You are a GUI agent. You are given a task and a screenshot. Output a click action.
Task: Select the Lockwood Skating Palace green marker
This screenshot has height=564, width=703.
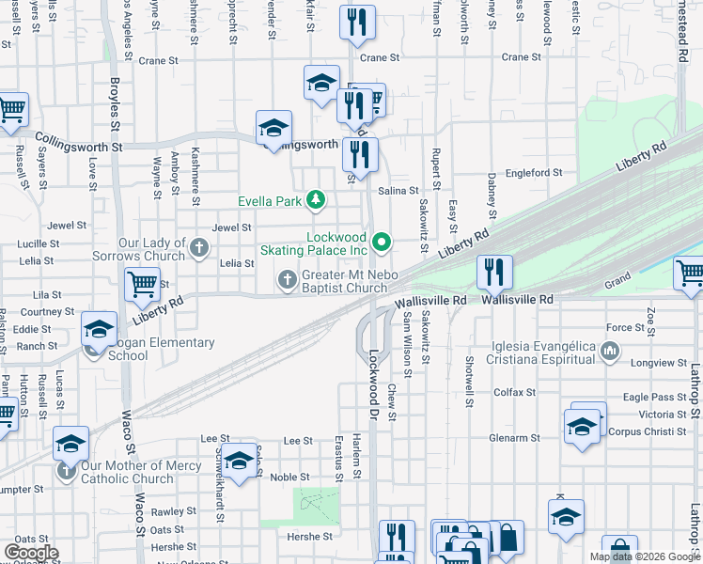coord(381,243)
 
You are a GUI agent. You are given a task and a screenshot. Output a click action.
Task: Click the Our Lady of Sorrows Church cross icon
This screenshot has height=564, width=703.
coord(198,248)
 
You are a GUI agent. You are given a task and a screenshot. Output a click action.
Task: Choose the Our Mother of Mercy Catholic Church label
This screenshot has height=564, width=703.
coord(141,472)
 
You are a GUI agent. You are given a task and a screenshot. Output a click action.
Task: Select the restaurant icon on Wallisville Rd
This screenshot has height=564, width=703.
coord(494,273)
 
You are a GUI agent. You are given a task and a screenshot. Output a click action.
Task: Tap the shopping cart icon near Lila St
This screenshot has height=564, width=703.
coord(142,283)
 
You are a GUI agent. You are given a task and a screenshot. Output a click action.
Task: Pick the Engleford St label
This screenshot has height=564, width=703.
coord(533,173)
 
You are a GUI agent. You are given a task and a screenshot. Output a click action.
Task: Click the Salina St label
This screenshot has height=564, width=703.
coord(398,190)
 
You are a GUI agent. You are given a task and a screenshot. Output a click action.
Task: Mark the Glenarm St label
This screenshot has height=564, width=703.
coord(513,438)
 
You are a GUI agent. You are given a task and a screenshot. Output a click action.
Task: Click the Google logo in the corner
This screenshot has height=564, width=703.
coord(31,553)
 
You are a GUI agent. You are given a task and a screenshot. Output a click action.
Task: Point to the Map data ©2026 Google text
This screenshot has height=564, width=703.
coord(645,556)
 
